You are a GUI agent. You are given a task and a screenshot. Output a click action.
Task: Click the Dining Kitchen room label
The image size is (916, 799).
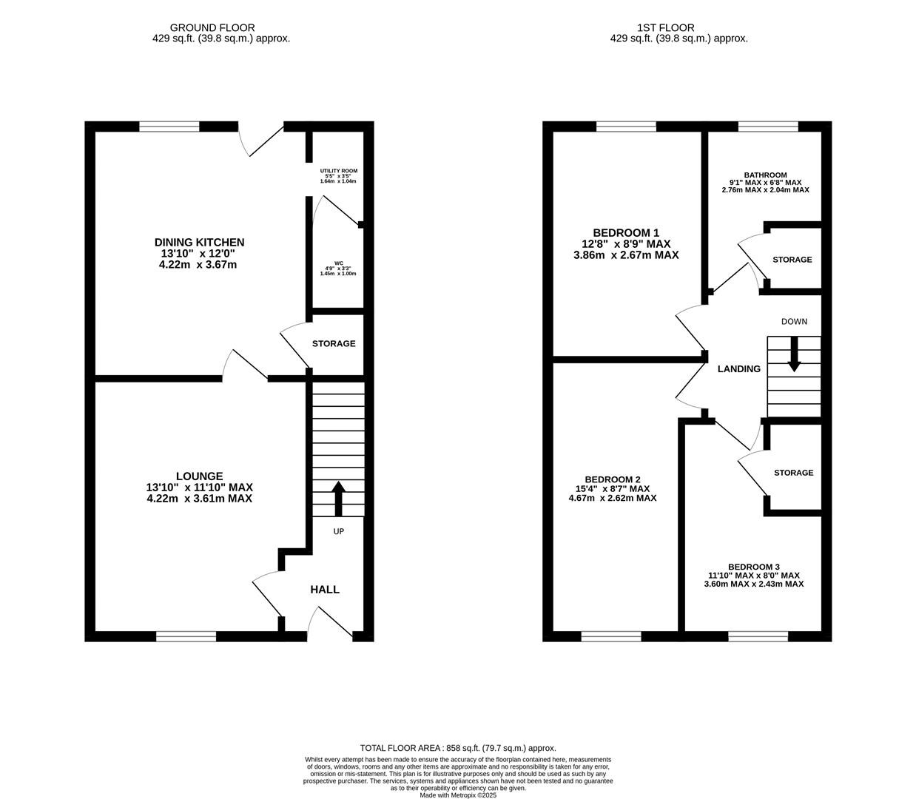199,242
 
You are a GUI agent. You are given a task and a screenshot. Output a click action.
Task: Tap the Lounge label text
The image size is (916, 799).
199,476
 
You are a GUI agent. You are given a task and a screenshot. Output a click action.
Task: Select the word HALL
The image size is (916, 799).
325,590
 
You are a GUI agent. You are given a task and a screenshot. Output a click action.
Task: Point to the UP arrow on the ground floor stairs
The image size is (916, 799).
338,499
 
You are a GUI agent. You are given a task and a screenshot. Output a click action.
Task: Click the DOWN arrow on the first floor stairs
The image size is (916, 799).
794,354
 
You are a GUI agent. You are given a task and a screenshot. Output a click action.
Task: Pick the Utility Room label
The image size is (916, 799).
338,171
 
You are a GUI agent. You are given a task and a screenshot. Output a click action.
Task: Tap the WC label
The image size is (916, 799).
338,263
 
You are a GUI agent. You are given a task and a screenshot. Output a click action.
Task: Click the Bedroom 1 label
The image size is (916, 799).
626,233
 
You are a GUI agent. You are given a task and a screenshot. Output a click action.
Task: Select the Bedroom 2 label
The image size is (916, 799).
613,479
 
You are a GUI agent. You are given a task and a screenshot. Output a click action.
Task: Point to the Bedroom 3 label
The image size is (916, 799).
753,567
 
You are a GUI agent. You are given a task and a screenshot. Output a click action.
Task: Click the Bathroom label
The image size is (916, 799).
765,175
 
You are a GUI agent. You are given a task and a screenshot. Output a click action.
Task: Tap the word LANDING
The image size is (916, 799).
738,369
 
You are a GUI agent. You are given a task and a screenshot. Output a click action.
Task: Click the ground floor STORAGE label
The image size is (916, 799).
334,343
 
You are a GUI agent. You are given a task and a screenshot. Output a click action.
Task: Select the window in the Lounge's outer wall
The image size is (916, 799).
186,636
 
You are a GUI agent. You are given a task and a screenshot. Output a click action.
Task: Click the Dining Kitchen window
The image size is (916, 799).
169,127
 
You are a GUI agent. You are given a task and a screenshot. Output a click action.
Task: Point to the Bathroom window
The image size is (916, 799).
768,127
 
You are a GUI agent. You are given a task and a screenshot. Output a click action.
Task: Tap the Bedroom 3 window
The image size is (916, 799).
758,636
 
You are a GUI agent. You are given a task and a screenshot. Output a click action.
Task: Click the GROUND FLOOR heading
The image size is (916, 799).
212,28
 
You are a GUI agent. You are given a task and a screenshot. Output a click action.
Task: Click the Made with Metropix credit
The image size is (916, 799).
458,795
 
